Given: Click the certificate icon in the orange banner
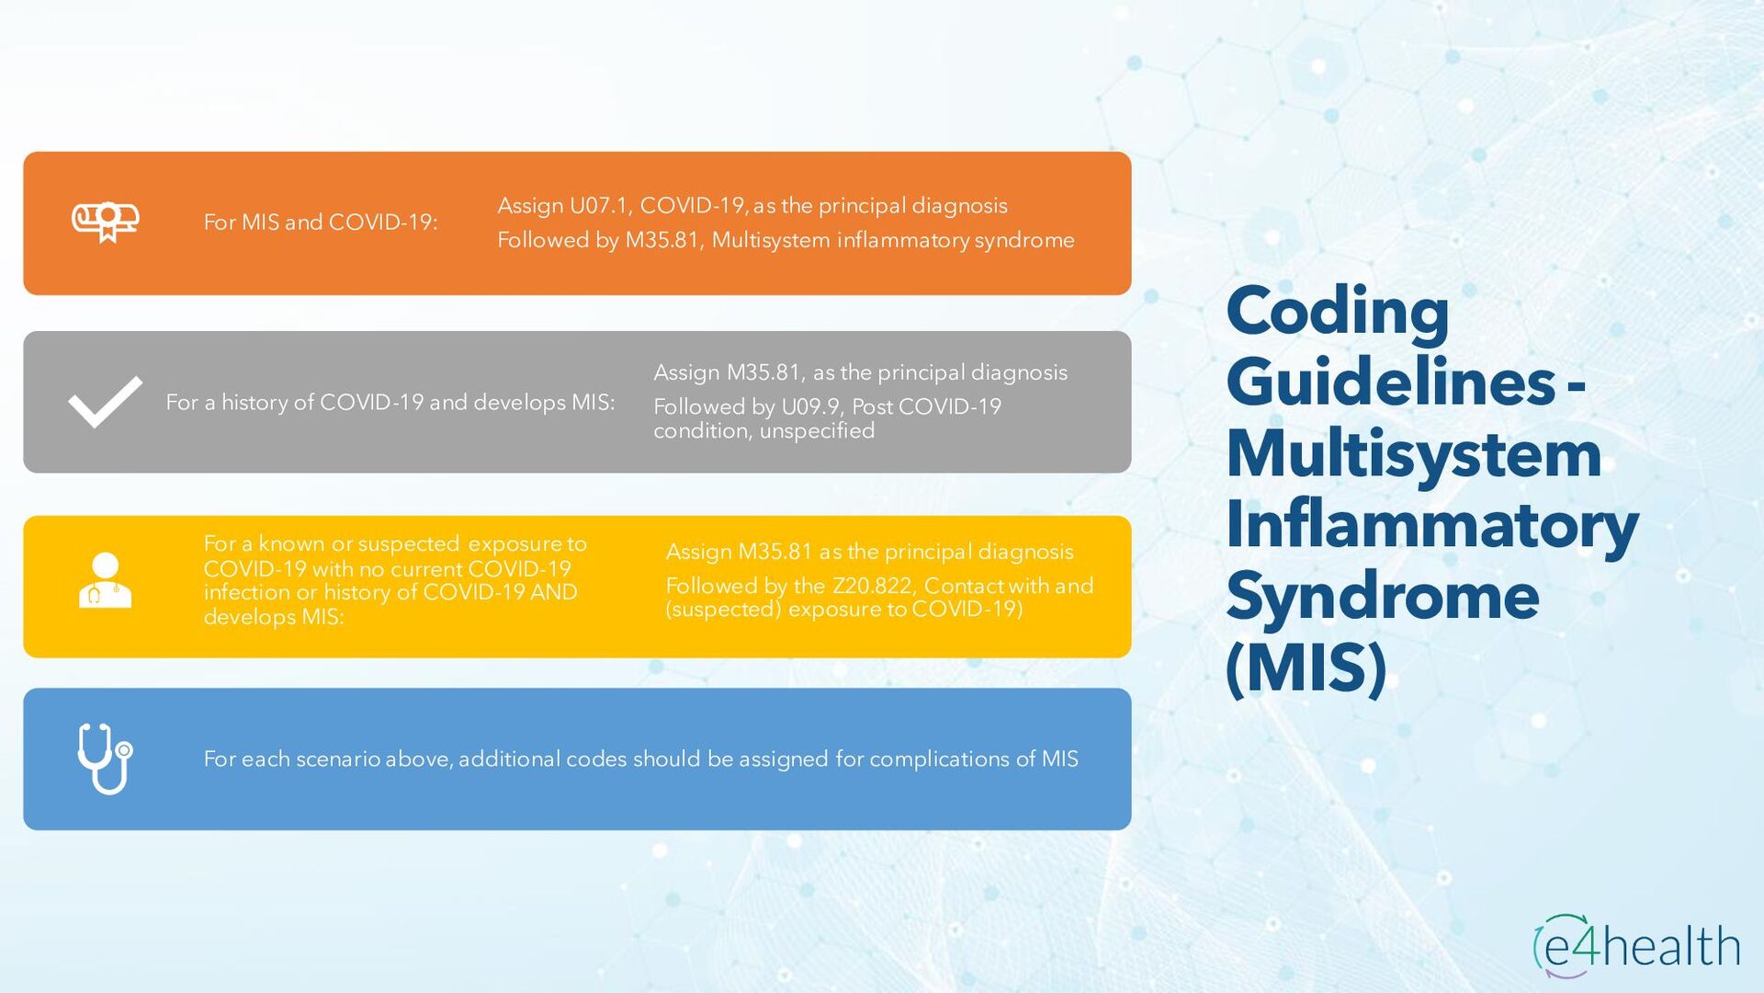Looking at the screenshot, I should [106, 222].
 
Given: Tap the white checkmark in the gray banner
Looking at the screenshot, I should [105, 402].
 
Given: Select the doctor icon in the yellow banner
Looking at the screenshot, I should [105, 580].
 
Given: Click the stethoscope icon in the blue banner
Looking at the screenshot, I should [105, 759].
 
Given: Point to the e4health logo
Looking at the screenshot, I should [1637, 946].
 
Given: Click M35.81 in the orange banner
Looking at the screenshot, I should [662, 240].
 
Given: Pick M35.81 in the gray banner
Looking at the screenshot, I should [763, 372].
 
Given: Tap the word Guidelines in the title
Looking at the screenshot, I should [1390, 382].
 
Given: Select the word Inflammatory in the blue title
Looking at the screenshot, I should [1431, 524].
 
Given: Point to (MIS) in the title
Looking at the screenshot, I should [1306, 668].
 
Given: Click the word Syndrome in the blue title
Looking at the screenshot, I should [1382, 596].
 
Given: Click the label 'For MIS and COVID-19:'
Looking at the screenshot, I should [321, 223].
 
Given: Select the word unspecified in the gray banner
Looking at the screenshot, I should [817, 431].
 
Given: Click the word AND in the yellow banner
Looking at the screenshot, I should [553, 592].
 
